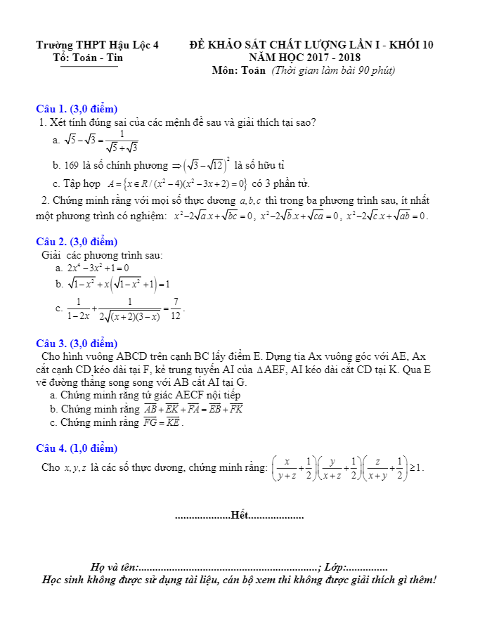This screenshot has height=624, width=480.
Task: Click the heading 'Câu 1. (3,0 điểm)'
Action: click(77, 109)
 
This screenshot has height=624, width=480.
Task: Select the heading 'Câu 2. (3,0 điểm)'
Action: click(77, 242)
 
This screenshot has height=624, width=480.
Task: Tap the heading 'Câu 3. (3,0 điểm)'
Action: click(77, 344)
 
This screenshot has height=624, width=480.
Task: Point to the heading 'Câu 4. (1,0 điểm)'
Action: click(77, 448)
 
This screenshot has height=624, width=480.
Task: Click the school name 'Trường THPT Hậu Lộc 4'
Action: click(98, 45)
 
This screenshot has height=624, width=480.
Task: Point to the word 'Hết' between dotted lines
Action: click(240, 516)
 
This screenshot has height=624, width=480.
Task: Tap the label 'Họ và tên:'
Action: click(115, 566)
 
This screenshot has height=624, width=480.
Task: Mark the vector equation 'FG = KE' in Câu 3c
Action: click(162, 423)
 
